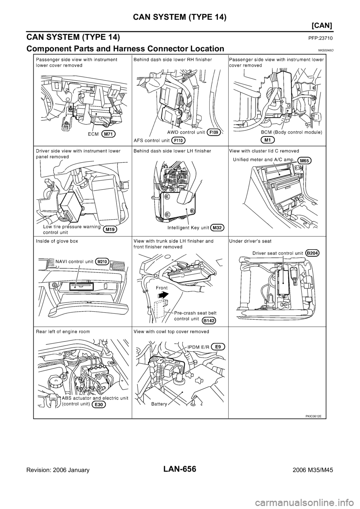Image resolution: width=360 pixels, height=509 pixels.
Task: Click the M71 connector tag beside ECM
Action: point(108,134)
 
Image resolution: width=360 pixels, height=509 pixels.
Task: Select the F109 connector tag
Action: point(214,132)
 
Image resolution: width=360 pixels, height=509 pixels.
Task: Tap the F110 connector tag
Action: point(178,141)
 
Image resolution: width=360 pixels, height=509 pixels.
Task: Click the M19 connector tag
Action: point(110,230)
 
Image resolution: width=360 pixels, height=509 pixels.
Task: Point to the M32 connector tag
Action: point(217,228)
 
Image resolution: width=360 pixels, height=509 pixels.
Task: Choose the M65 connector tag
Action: point(304,161)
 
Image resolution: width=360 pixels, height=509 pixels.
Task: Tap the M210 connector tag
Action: point(102,262)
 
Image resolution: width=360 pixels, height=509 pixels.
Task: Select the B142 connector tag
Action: point(208,320)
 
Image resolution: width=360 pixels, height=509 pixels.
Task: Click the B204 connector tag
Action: point(312,253)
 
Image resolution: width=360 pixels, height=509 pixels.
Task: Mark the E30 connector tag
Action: point(99,405)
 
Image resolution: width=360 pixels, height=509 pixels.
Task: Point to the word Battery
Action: point(159,404)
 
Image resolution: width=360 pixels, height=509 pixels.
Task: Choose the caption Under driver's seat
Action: point(250,241)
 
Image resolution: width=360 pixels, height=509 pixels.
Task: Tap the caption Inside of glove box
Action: point(57,241)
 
